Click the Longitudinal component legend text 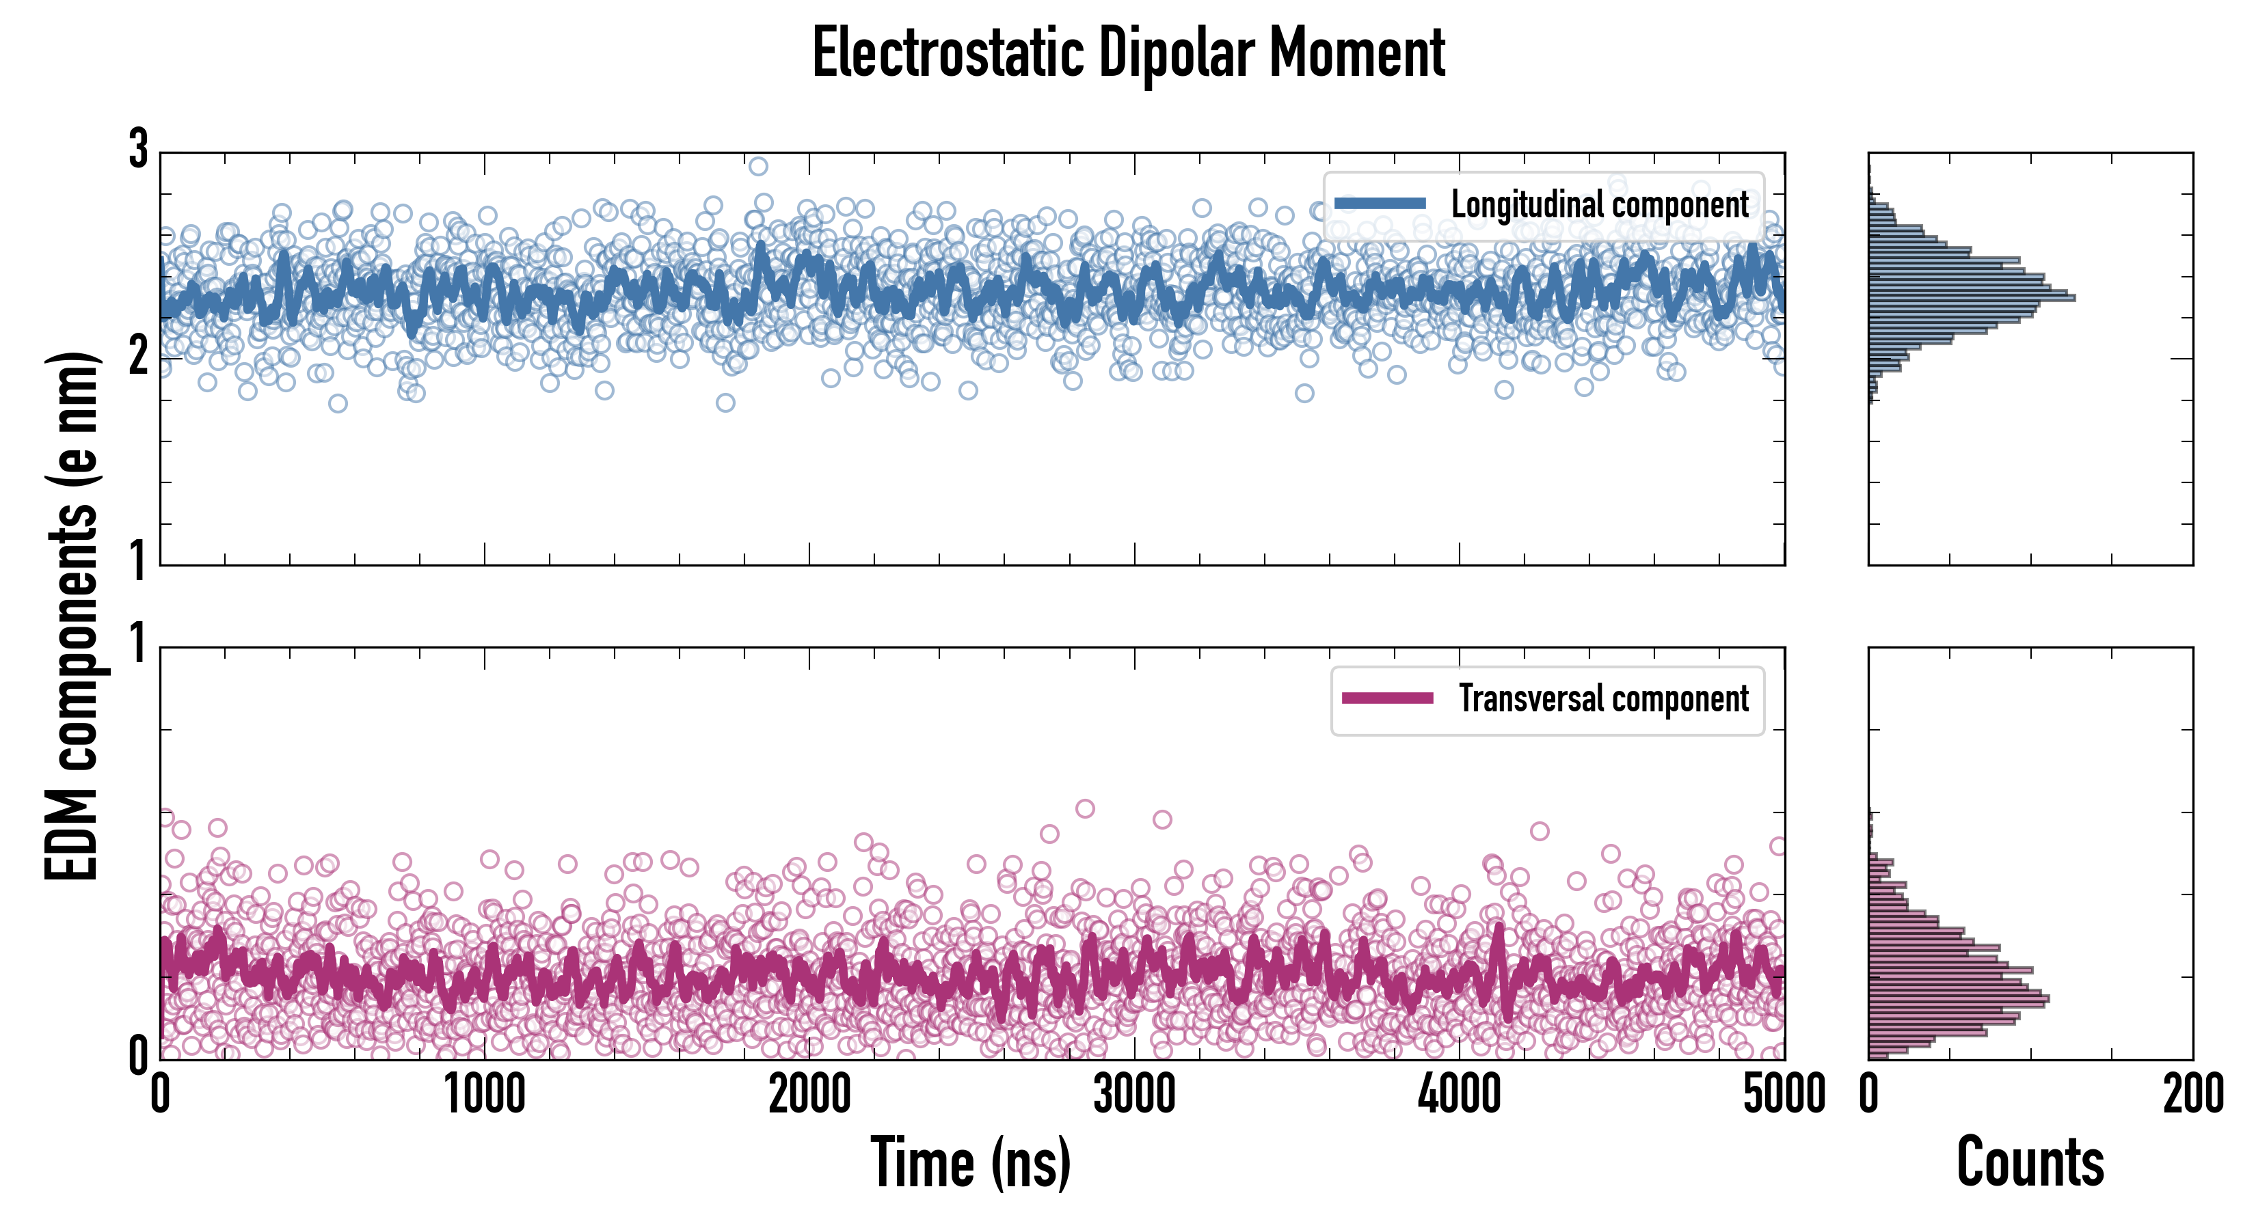pos(1599,205)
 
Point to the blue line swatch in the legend pos(1380,204)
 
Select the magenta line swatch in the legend pos(1387,698)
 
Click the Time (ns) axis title pos(970,1162)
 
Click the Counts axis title pos(2030,1162)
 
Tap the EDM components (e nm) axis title pos(72,616)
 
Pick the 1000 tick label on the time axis pos(484,1094)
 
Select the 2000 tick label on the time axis pos(809,1094)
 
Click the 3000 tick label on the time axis pos(1134,1094)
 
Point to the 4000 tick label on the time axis pos(1459,1094)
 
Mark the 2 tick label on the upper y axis pos(138,356)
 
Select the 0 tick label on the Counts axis pos(1869,1094)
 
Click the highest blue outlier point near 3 pos(758,166)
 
